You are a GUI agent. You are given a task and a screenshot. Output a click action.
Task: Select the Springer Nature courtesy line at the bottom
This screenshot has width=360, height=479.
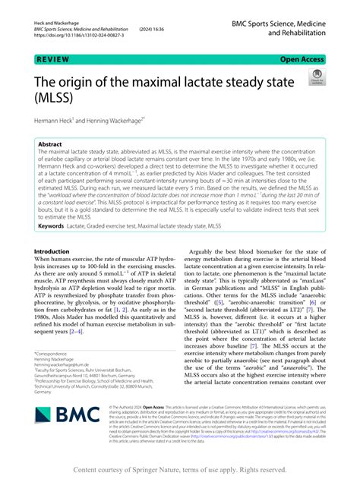[x=179, y=469]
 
